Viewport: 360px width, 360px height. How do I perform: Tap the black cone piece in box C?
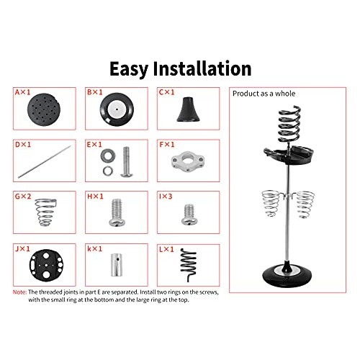[x=186, y=110]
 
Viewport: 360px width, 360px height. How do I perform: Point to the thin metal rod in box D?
[x=45, y=163]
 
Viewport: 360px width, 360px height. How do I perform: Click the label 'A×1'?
[x=23, y=93]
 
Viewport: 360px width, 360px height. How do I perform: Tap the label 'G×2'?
[x=24, y=195]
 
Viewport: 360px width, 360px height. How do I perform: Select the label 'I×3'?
[x=166, y=195]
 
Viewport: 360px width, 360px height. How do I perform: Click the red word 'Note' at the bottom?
[x=21, y=292]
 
